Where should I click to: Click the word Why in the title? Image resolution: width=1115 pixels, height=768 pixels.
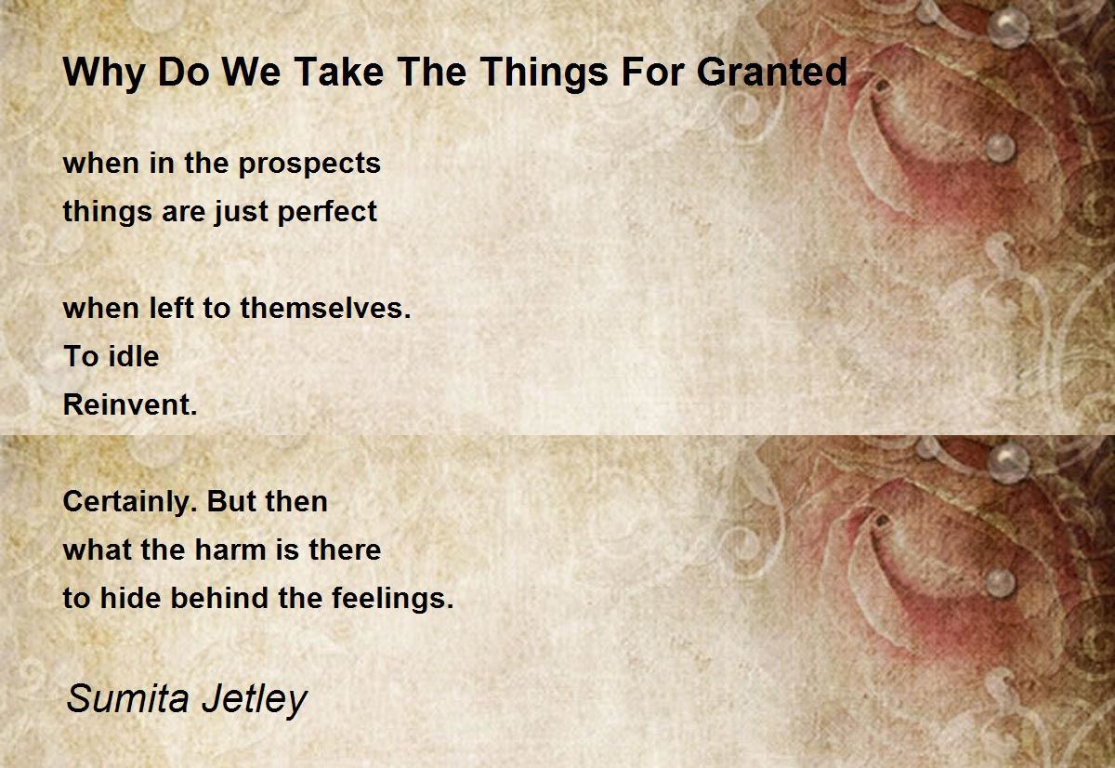coord(103,73)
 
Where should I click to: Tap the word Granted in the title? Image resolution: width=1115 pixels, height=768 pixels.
coord(772,72)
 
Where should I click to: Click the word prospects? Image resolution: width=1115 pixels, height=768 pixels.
coord(309,165)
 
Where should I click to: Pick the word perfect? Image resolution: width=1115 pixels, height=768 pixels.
coord(327,213)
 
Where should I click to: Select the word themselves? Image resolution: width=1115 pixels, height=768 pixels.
coord(326,308)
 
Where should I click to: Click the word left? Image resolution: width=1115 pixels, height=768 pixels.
coord(171,308)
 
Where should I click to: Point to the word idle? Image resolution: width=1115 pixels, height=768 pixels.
coord(134,356)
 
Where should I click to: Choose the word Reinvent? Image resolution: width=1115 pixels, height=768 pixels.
coord(130,404)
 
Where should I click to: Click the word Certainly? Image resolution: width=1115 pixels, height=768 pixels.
coord(127,503)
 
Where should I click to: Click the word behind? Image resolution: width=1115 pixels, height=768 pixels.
coord(219,598)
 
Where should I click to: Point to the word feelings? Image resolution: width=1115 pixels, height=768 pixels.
coord(393,600)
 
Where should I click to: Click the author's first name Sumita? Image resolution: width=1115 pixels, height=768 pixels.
coord(127,699)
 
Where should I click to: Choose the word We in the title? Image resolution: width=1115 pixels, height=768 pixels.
coord(252,72)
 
